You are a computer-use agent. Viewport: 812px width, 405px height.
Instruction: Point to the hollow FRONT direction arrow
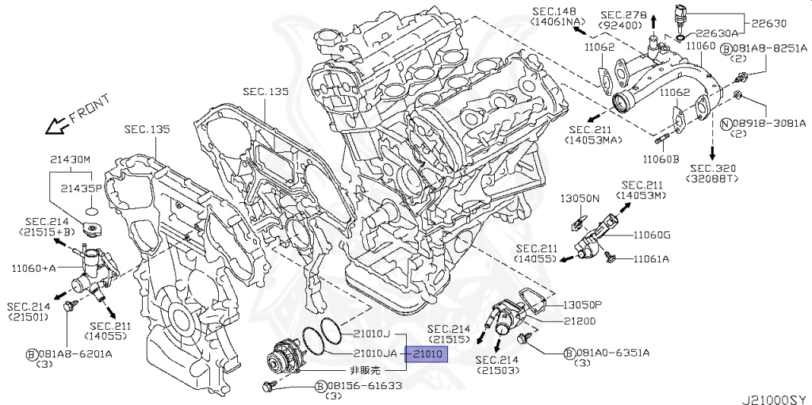tap(56, 125)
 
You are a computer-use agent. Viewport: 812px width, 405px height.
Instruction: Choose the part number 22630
tap(764, 25)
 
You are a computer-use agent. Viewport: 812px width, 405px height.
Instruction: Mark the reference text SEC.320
tap(713, 168)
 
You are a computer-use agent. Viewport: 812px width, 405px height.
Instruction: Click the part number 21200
tap(580, 321)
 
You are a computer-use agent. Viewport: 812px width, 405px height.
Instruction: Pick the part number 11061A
tap(650, 258)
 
